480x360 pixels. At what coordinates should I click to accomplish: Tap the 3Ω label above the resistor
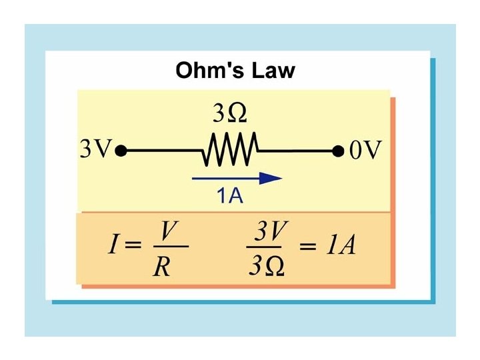229,114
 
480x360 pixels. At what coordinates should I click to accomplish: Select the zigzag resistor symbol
229,151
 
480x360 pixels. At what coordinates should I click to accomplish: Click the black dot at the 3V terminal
121,151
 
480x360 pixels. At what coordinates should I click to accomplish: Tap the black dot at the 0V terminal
338,151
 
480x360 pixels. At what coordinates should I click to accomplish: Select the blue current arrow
237,178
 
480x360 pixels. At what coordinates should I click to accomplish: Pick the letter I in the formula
113,246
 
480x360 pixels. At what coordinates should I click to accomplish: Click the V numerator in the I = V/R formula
168,231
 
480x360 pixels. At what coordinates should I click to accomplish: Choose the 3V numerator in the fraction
270,231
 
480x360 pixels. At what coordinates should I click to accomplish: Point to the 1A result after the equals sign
341,247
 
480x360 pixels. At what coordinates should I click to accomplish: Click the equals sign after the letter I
133,247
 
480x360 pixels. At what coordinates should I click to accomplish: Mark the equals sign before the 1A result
307,247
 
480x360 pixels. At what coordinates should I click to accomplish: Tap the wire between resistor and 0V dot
297,151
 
